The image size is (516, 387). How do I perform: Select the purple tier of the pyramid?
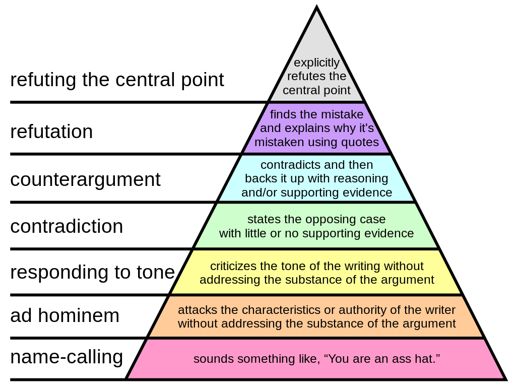pos(316,128)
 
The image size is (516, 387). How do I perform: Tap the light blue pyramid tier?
pos(316,178)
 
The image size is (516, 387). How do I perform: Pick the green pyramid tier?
pos(316,226)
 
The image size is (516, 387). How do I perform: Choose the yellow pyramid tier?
pos(316,273)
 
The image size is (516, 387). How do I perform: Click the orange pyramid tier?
pos(316,316)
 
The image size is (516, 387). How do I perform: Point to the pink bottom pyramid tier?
pos(316,359)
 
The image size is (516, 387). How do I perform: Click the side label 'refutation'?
pos(52,132)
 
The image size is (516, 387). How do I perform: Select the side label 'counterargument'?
pos(85,180)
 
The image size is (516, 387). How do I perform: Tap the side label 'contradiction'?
pos(67,226)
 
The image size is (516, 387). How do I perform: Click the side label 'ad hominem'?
pos(65,315)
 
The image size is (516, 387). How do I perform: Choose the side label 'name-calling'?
pos(67,357)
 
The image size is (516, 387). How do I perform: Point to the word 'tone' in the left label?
pos(156,272)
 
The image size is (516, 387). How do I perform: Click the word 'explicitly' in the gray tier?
pos(316,62)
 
